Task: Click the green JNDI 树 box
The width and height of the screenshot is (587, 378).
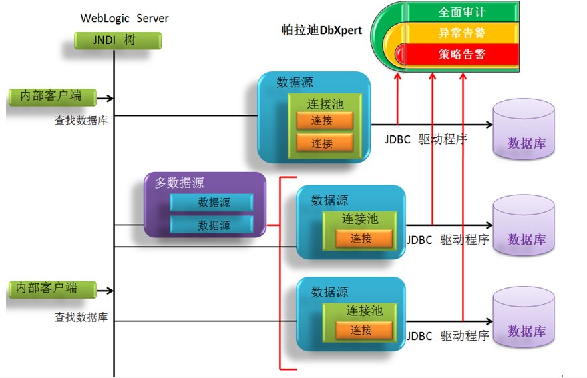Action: click(117, 41)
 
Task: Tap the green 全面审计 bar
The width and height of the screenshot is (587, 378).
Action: click(461, 12)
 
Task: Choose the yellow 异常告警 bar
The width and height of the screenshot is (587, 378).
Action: click(461, 32)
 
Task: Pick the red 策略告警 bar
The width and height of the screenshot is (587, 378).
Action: click(461, 53)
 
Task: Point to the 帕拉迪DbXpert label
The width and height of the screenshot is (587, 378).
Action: click(321, 31)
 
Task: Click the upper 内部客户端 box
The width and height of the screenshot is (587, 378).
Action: click(51, 96)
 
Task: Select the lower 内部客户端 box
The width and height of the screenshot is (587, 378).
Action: click(51, 288)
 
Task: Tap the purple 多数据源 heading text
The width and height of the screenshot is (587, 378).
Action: click(179, 183)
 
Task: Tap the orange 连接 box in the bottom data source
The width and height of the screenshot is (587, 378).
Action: click(362, 330)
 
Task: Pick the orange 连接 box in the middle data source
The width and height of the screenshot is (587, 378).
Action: click(362, 239)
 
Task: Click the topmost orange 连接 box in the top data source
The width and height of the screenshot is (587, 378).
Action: click(322, 121)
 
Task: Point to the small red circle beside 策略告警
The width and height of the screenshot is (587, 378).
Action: click(401, 53)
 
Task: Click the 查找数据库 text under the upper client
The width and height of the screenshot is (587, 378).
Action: click(81, 121)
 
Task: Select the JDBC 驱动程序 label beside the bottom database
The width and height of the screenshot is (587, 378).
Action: click(448, 336)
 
